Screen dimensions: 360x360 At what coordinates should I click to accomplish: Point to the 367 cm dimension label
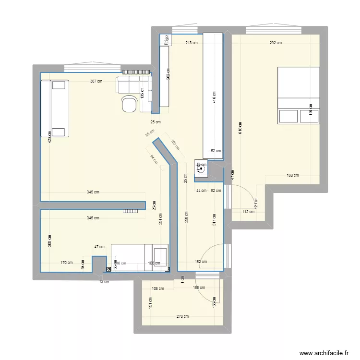point(96,81)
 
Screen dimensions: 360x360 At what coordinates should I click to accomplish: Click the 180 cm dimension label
point(292,175)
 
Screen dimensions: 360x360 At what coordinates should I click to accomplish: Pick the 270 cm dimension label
point(182,316)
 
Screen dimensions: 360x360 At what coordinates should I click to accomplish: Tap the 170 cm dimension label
point(66,263)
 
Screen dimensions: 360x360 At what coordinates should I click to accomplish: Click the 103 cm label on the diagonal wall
point(175,146)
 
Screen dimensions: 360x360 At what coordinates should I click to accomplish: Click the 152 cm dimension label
point(201,262)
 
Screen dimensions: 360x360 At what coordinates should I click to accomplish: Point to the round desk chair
point(129,104)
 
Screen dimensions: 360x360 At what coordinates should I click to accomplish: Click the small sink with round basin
point(201,168)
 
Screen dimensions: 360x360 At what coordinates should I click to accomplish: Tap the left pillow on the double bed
point(288,117)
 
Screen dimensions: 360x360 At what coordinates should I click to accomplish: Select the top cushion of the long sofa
point(59,85)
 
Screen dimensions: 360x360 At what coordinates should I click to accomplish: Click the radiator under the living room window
point(137,72)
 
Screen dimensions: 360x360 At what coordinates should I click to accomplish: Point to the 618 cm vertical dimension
point(240,129)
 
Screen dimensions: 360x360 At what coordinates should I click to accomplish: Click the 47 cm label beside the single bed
point(99,247)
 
